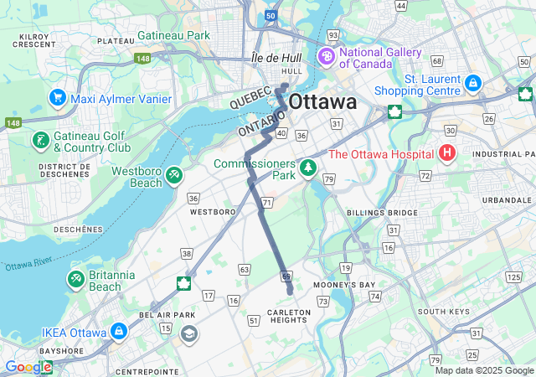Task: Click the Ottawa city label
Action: [322, 102]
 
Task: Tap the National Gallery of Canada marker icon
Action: [324, 57]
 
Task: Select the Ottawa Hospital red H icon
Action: [448, 153]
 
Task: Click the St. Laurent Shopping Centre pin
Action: [472, 83]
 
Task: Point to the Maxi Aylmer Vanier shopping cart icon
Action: [58, 98]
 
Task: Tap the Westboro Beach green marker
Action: [174, 175]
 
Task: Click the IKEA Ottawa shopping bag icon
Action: [118, 332]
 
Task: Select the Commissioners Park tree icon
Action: [309, 168]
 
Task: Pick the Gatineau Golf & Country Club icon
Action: [39, 141]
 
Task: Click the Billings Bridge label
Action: [382, 213]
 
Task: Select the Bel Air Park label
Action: [155, 314]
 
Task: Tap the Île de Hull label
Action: [276, 58]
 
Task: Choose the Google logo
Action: [28, 367]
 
